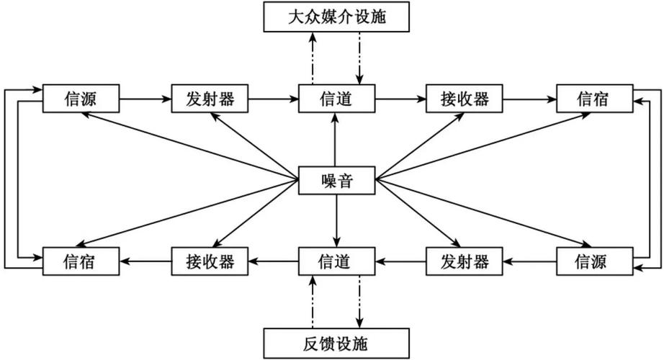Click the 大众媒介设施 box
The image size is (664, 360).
(336, 17)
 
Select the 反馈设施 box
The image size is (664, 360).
(336, 341)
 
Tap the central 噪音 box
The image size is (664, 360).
(336, 181)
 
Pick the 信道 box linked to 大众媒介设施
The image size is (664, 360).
(336, 99)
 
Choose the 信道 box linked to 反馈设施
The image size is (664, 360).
(336, 261)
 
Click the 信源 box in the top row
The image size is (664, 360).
(80, 99)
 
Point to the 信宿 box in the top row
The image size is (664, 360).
(593, 99)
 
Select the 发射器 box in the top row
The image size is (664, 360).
(209, 99)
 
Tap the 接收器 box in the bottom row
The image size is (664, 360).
(209, 261)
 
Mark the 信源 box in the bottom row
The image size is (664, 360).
(593, 261)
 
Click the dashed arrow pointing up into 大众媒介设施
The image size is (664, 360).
(312, 58)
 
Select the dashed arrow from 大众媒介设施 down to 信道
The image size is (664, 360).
(359, 58)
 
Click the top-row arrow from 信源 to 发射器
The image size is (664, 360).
(144, 99)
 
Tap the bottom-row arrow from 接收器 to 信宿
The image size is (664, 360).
(144, 261)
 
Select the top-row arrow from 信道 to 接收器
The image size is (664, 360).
(400, 99)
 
